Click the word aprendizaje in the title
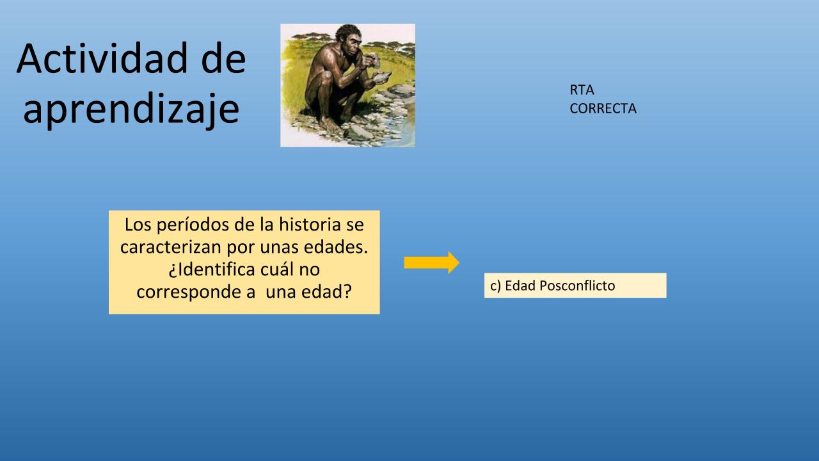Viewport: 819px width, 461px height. [x=131, y=109]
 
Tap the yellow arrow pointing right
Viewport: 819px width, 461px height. [x=431, y=263]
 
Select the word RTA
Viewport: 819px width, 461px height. [x=582, y=90]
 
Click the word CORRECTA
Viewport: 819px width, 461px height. [x=603, y=108]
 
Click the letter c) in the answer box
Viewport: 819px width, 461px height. [x=495, y=286]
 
